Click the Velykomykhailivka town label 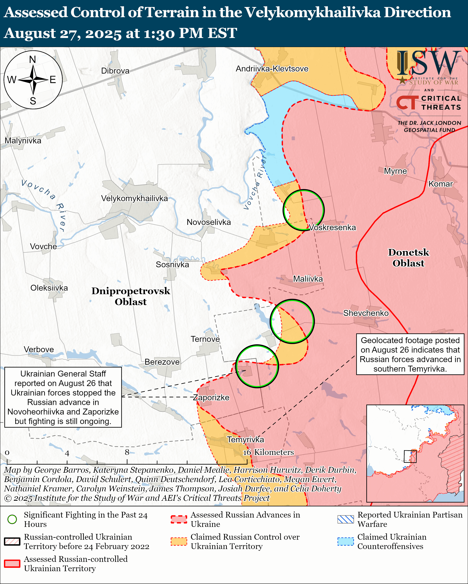(134, 199)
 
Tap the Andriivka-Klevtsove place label (272, 69)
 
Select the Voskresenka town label (332, 228)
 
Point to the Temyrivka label (245, 439)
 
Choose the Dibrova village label (115, 71)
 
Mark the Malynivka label (23, 141)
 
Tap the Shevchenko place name (366, 313)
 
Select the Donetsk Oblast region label (408, 258)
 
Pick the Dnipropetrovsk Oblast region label (131, 296)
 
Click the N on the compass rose (32, 59)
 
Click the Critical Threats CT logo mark (407, 103)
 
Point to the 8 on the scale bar (127, 452)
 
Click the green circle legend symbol (12, 519)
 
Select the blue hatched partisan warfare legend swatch (345, 519)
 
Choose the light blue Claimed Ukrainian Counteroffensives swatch (345, 541)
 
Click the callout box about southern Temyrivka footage (410, 354)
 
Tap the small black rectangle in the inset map (410, 456)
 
